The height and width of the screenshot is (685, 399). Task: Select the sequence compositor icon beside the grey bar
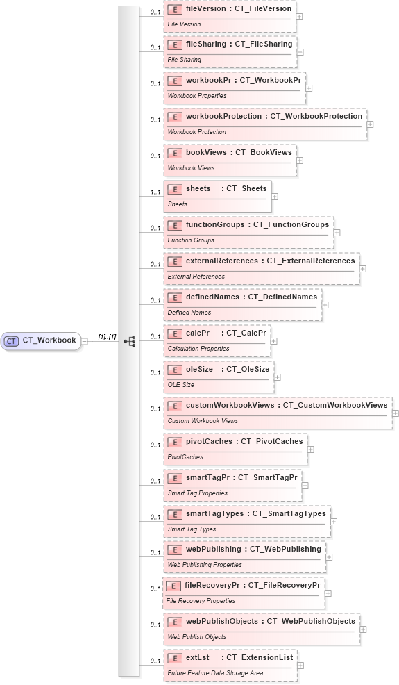point(130,341)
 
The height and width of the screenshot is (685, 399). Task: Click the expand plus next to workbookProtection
point(370,124)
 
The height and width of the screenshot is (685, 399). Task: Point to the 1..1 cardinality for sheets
point(155,192)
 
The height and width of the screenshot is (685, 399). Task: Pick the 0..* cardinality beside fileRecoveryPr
point(155,589)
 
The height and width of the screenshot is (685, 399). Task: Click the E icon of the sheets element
point(174,189)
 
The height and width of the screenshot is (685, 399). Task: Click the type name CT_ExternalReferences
point(311,261)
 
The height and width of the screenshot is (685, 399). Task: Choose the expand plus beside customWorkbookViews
point(395,413)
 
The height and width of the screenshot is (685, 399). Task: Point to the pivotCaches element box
point(235,449)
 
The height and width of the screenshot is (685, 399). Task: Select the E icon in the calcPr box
point(174,333)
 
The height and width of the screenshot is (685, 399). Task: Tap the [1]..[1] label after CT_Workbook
point(107,337)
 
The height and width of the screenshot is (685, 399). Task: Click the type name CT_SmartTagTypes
point(289,513)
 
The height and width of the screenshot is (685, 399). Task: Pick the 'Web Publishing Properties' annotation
point(205,566)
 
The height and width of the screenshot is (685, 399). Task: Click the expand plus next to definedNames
point(325,305)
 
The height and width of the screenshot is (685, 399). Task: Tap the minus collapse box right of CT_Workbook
point(84,341)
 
